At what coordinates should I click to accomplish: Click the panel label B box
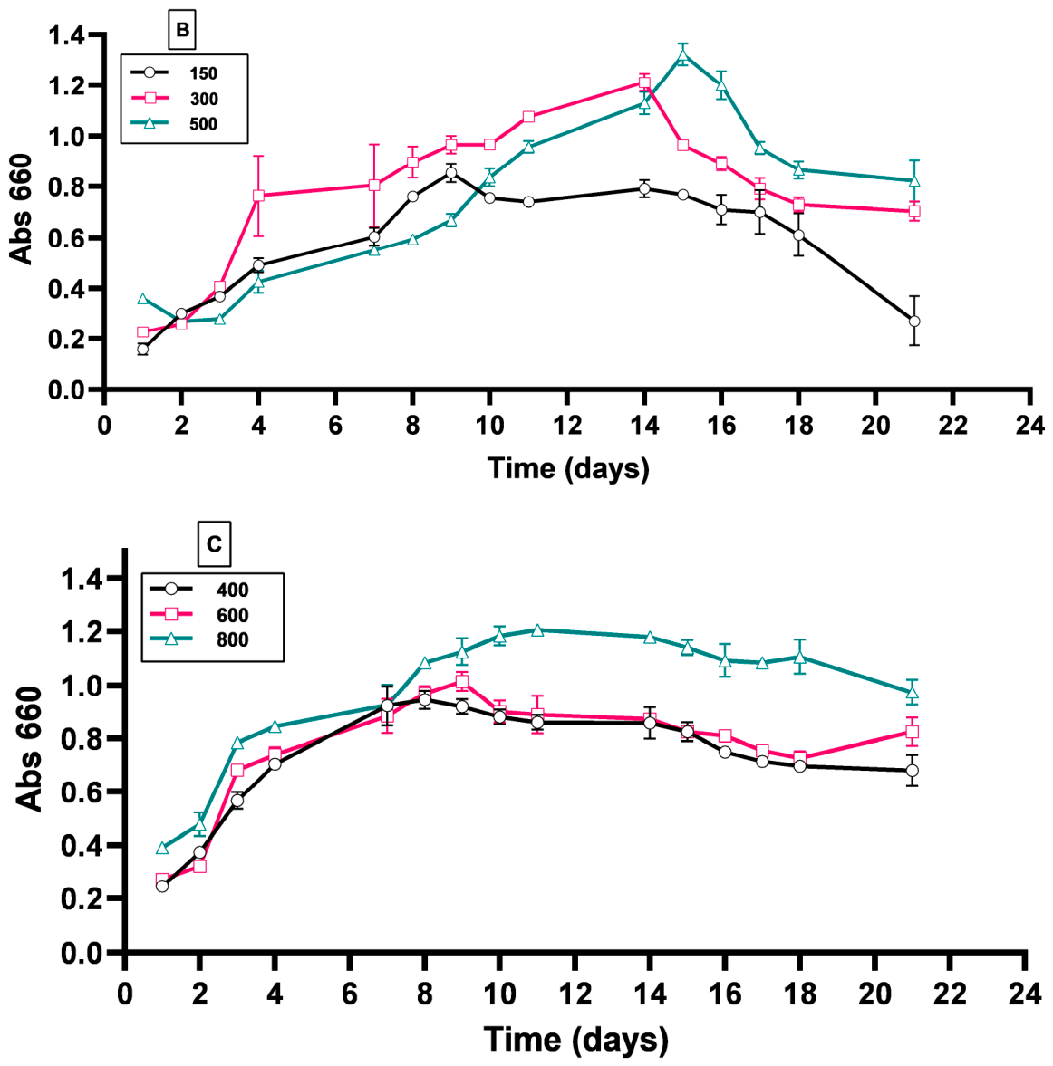tap(182, 30)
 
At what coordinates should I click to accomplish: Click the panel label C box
tap(214, 544)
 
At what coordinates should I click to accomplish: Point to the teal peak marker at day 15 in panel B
tap(683, 56)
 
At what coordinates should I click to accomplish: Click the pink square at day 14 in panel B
tap(644, 82)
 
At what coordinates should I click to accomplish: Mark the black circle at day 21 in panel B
tap(914, 321)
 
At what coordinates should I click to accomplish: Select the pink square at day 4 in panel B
tap(258, 195)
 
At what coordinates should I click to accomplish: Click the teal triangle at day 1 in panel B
tap(143, 299)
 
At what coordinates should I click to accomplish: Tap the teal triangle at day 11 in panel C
tap(537, 630)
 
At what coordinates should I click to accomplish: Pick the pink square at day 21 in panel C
tap(913, 732)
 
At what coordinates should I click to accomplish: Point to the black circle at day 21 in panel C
tap(913, 770)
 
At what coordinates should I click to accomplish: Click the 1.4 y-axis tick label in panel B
tap(66, 34)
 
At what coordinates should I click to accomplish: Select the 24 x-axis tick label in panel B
tap(1029, 426)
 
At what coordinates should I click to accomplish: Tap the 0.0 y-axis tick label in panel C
tap(81, 953)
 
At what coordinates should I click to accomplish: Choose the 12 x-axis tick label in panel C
tap(575, 994)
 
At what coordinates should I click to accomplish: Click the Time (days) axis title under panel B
tap(569, 469)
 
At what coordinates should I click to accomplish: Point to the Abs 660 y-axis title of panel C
tap(29, 749)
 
